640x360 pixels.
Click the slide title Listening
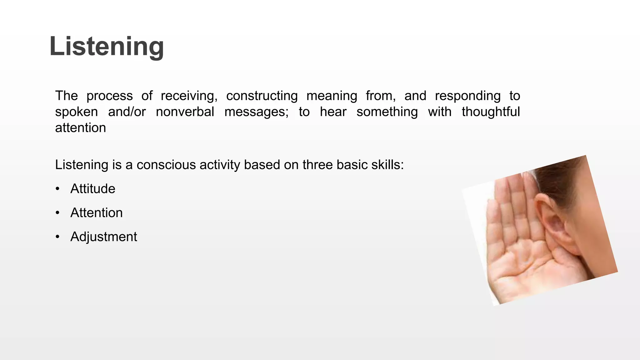(107, 46)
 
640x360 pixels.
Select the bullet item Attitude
(93, 189)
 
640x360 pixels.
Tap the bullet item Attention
(97, 213)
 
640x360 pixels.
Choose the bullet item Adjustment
(104, 237)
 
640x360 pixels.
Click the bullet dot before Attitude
(57, 189)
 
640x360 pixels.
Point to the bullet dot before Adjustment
(57, 237)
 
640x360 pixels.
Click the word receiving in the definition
(189, 96)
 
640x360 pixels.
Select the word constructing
(262, 96)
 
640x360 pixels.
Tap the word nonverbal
(185, 112)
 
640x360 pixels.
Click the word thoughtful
(491, 112)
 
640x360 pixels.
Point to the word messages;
(256, 112)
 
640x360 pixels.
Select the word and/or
(127, 112)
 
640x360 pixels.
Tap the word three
(317, 165)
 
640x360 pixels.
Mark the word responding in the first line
(468, 96)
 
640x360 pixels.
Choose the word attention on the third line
(81, 128)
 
